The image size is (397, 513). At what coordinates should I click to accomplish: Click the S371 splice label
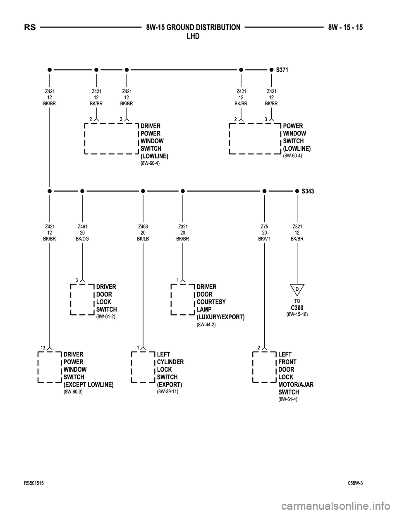click(282, 70)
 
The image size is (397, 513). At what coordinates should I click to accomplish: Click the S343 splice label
click(308, 191)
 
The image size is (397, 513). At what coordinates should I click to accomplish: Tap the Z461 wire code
click(82, 227)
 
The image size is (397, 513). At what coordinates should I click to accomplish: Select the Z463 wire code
click(143, 227)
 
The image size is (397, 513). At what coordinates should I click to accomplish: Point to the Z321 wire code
click(183, 227)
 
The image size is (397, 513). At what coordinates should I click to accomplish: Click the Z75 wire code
click(264, 227)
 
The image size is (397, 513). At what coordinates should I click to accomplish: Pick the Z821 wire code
click(297, 227)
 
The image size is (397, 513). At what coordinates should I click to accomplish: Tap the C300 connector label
click(297, 308)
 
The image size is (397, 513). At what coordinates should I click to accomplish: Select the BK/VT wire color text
click(264, 239)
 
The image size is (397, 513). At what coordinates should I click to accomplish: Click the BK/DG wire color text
click(82, 239)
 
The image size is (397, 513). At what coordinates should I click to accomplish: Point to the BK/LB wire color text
click(143, 239)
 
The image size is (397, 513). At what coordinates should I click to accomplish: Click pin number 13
click(43, 348)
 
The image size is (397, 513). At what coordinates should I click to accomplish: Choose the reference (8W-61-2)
click(105, 316)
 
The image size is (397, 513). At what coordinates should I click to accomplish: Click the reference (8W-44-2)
click(206, 325)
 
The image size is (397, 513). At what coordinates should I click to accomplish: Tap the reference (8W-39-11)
click(167, 392)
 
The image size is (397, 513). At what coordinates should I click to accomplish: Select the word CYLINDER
click(170, 362)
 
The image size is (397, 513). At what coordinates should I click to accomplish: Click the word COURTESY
click(211, 302)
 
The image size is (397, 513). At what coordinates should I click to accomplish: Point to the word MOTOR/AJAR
click(296, 385)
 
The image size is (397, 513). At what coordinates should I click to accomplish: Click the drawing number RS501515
click(34, 483)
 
